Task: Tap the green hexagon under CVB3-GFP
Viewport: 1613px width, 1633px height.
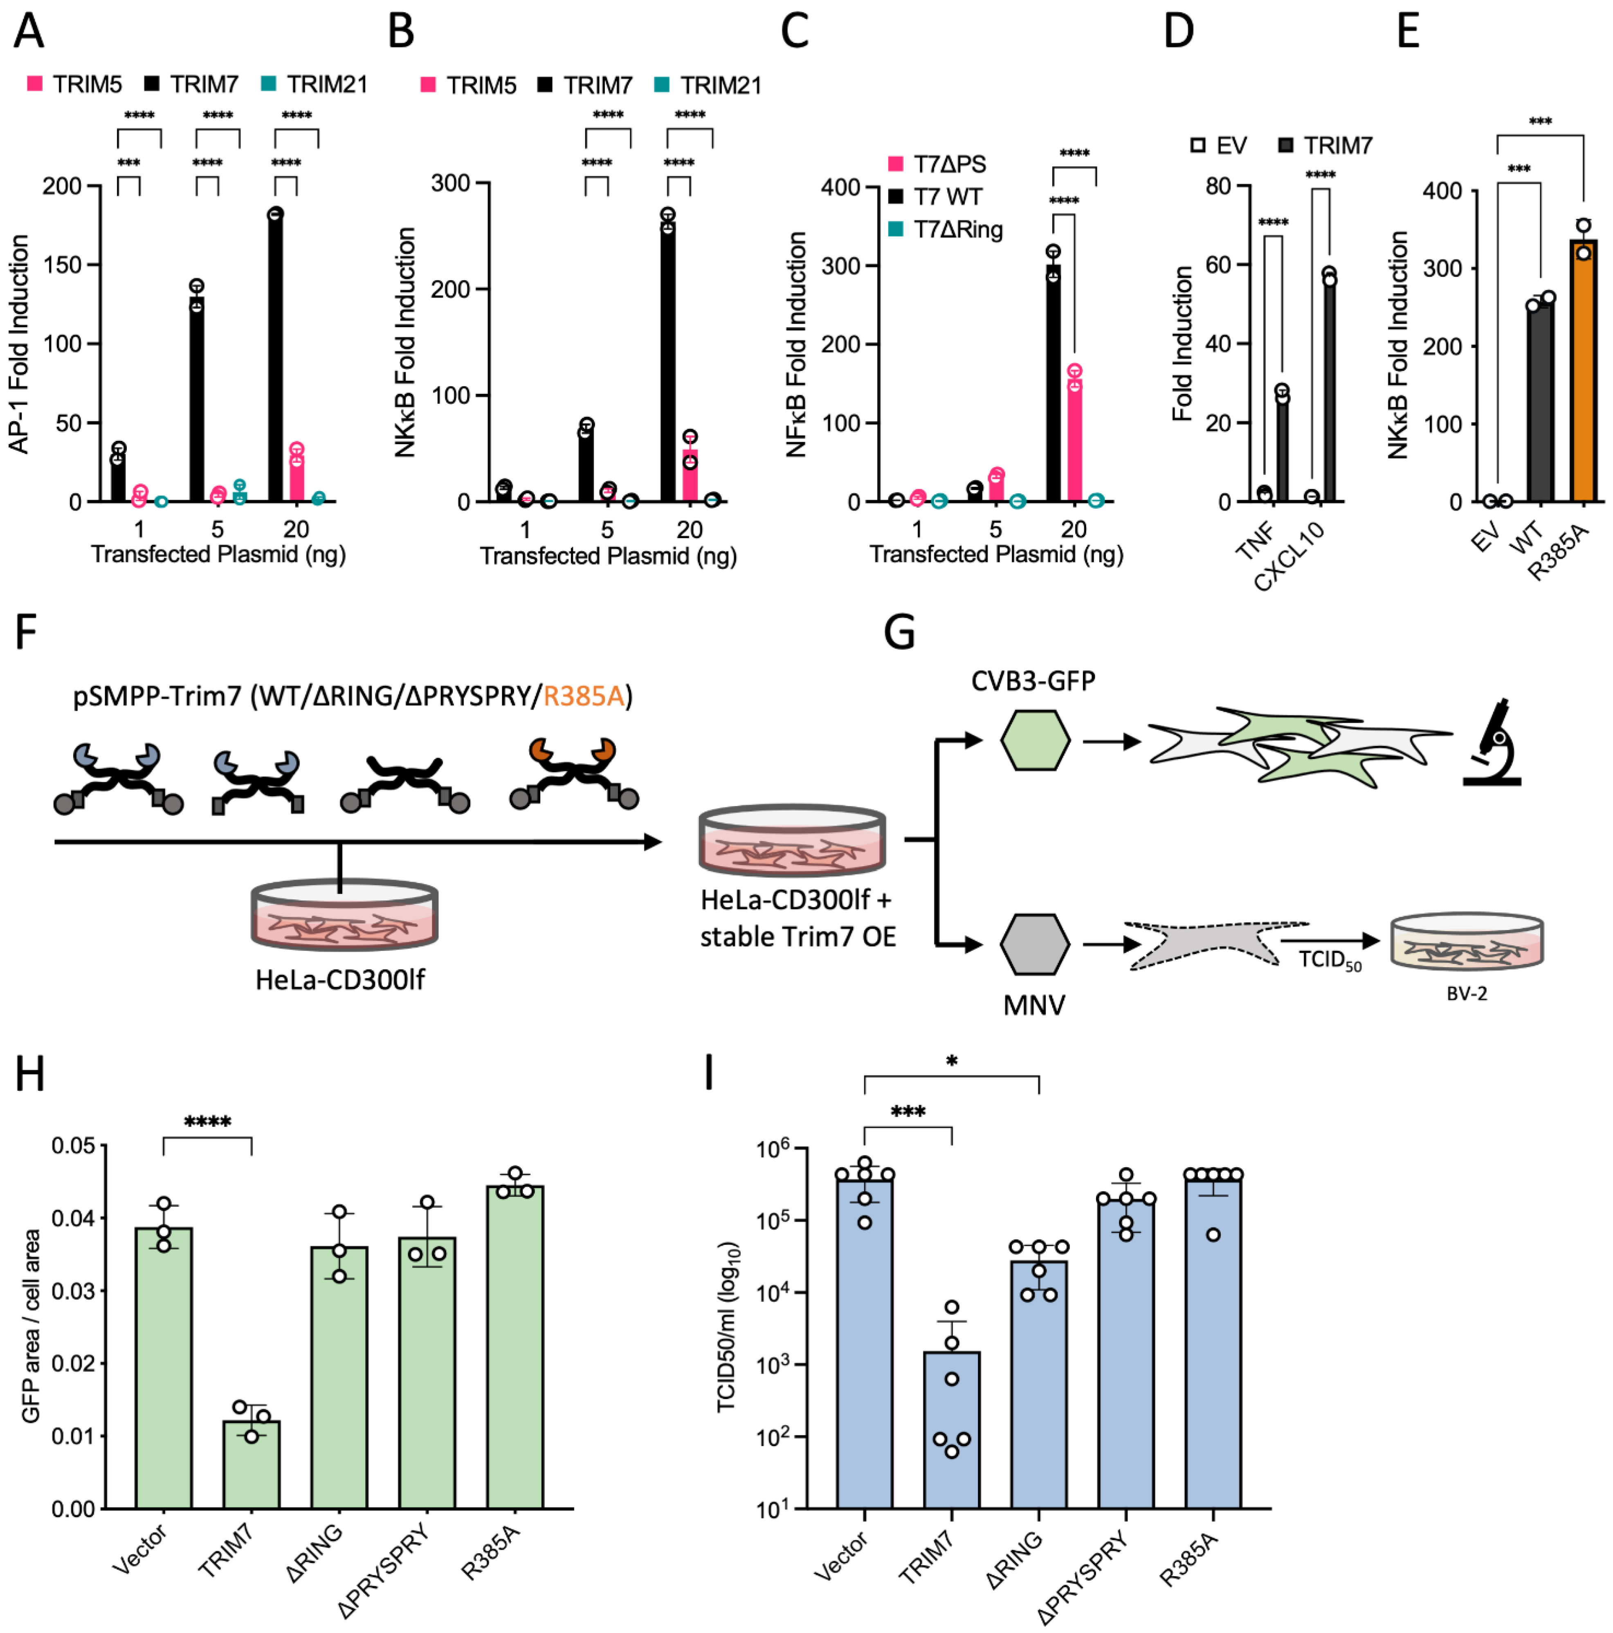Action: (x=1035, y=739)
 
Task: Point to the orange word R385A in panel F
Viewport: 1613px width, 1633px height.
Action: (x=583, y=696)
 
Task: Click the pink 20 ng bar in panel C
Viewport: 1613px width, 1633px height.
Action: (x=1074, y=440)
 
